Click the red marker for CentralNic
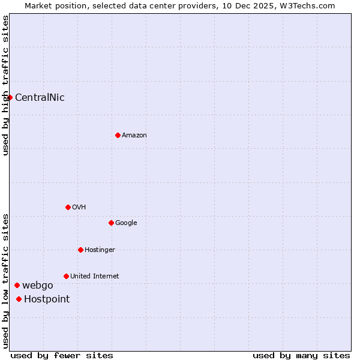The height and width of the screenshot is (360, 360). click(x=10, y=97)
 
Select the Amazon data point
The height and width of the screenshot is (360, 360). click(x=118, y=135)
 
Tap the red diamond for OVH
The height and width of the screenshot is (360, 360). click(x=68, y=207)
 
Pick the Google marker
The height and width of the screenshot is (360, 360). click(x=111, y=223)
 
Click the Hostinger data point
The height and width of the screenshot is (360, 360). click(x=80, y=250)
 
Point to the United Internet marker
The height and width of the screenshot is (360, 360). click(x=66, y=276)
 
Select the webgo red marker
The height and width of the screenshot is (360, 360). click(x=17, y=285)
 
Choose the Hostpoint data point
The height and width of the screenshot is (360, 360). click(x=19, y=299)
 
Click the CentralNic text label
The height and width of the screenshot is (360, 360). click(x=40, y=97)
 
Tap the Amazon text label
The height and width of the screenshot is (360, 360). click(x=134, y=135)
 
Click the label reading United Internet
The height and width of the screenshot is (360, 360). click(x=94, y=276)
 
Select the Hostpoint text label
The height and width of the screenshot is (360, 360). click(x=47, y=299)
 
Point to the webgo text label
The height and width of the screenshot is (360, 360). click(x=38, y=285)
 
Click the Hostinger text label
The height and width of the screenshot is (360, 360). click(x=100, y=250)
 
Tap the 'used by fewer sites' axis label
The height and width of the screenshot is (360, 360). click(x=62, y=355)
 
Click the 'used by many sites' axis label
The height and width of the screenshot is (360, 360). click(x=301, y=355)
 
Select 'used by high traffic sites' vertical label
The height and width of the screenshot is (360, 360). click(x=5, y=85)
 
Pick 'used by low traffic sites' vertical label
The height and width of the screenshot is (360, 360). click(x=5, y=280)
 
